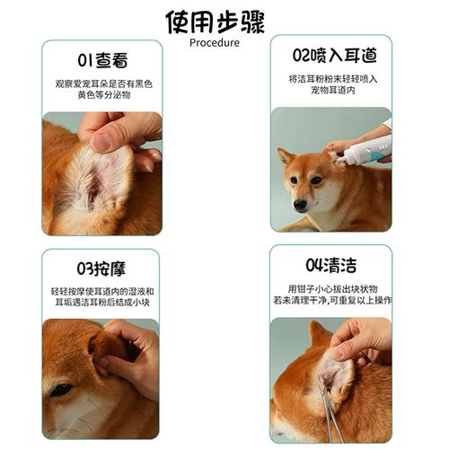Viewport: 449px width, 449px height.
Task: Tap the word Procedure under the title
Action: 215,42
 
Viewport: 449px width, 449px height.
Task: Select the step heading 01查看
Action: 101,61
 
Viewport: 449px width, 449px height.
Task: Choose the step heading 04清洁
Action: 331,265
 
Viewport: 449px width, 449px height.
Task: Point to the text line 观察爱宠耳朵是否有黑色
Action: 102,84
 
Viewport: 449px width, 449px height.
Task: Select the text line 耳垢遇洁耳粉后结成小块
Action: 101,304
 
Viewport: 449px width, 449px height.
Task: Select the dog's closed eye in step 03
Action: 60,389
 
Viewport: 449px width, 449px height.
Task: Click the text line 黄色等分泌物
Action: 102,96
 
